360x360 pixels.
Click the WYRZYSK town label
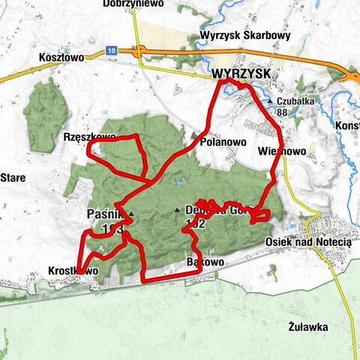tap(239, 74)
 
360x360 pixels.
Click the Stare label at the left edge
tap(13, 178)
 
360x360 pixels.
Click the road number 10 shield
tap(112, 50)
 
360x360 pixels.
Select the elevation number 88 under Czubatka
tap(282, 112)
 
